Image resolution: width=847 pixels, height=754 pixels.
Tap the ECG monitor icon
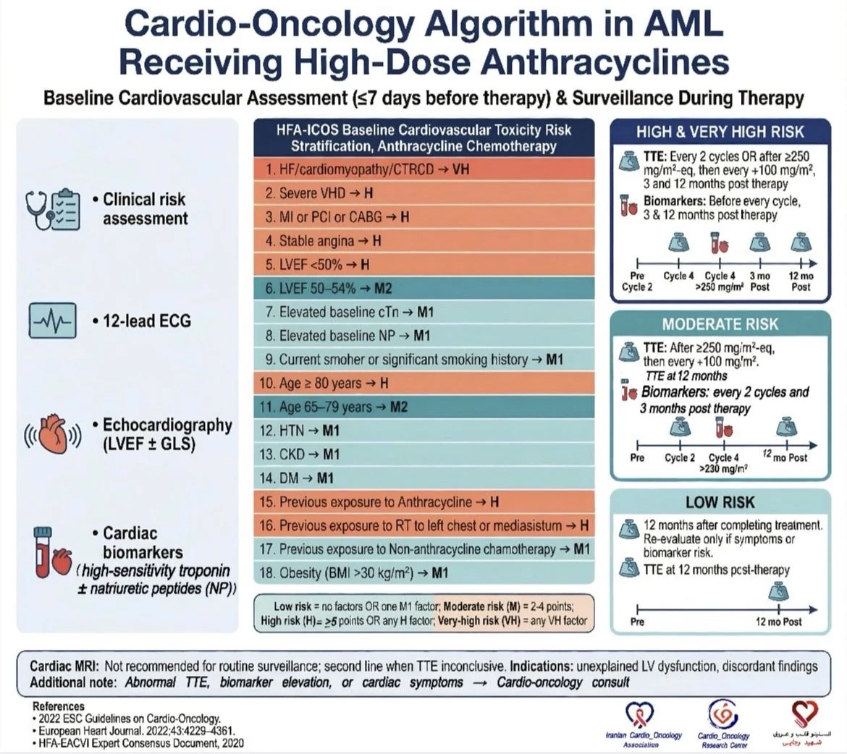53,321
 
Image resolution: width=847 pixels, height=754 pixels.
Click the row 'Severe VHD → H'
423,193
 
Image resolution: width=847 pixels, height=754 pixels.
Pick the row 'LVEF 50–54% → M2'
423,288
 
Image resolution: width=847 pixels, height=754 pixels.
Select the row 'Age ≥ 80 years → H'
423,383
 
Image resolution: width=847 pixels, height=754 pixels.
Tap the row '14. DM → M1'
423,478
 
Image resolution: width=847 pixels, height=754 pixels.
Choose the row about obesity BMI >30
423,573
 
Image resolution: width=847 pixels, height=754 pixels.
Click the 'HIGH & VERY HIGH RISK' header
720,132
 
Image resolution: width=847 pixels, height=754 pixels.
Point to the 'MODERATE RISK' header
720,323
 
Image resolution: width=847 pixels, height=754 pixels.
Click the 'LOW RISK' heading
720,502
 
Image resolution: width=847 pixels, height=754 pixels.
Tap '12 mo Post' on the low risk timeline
778,622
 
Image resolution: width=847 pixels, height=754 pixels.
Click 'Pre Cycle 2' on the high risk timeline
637,281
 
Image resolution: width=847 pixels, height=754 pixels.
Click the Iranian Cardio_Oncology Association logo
643,724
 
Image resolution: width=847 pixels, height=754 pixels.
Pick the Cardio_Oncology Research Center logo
722,724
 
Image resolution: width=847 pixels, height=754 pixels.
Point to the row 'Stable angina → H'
423,241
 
